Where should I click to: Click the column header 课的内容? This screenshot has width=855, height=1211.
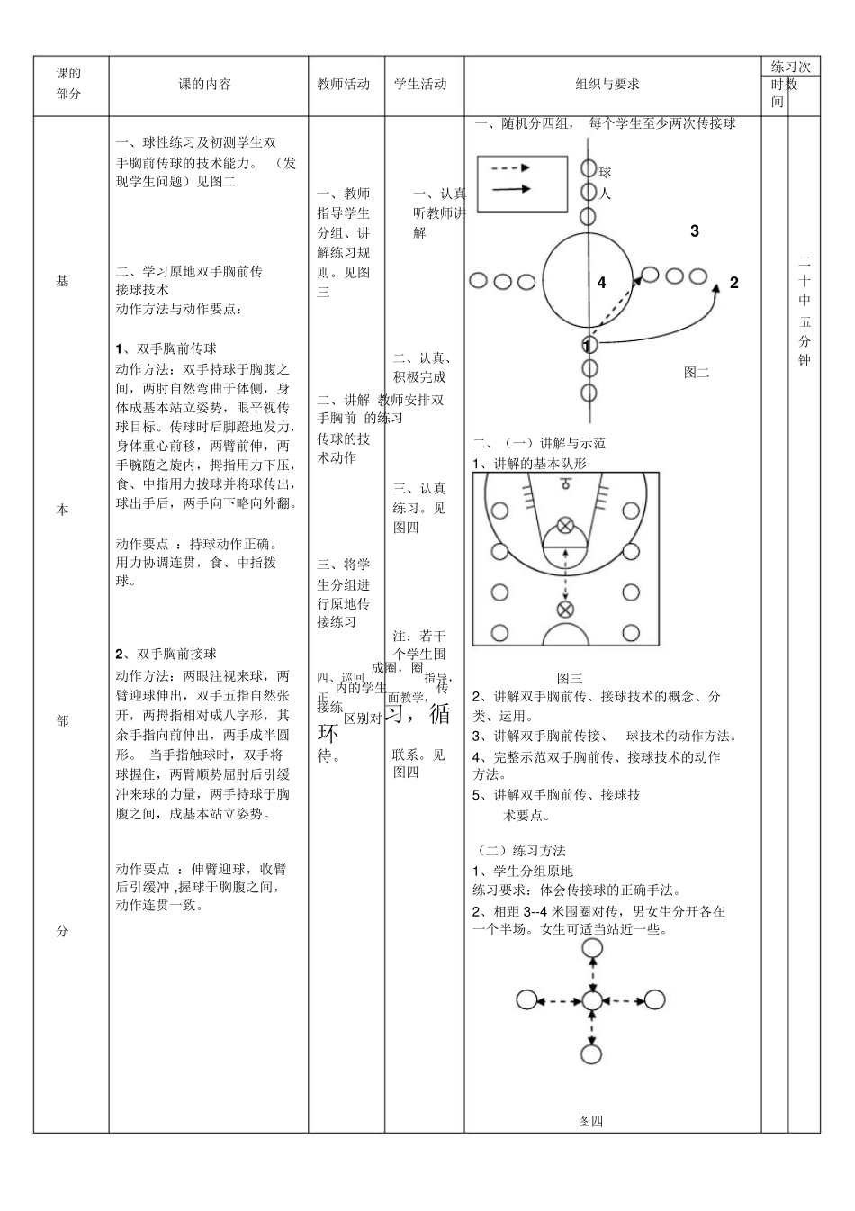click(205, 84)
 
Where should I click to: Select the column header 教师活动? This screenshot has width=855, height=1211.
click(344, 84)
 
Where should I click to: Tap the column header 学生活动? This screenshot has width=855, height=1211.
click(420, 84)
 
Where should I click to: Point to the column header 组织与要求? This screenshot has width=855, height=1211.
click(607, 84)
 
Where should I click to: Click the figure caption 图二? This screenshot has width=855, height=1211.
click(697, 372)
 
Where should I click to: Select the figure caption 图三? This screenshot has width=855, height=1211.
click(570, 678)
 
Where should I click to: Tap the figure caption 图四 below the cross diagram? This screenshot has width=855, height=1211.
click(590, 1121)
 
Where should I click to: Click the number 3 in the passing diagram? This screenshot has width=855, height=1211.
click(695, 231)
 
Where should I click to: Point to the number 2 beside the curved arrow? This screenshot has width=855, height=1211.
click(734, 283)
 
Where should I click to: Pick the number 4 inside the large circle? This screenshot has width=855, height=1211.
click(602, 283)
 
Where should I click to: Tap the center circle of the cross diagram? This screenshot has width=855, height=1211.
click(591, 1000)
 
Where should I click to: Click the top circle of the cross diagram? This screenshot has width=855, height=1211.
click(591, 948)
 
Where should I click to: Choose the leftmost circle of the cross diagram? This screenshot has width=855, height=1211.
click(527, 1000)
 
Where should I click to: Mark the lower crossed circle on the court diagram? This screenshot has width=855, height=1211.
click(565, 610)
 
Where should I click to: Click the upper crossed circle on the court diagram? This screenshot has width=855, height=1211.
click(565, 525)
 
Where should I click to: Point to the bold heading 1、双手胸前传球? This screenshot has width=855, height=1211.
click(166, 348)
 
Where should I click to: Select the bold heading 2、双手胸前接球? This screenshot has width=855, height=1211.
click(166, 654)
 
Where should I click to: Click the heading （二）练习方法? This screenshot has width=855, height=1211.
click(520, 850)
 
